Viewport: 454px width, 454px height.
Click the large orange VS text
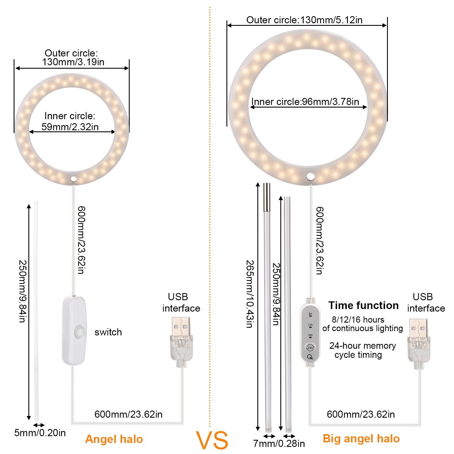tap(212, 440)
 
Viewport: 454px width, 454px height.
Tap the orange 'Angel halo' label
tap(114, 439)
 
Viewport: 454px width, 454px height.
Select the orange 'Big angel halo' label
tap(361, 439)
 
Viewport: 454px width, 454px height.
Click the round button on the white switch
tap(80, 332)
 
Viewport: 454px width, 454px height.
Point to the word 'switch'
tap(108, 332)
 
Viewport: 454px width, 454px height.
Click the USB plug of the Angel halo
tap(181, 342)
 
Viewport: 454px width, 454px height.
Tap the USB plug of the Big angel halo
tap(419, 344)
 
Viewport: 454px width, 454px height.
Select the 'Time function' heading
tap(363, 305)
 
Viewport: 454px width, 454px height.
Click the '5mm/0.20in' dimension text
tap(40, 433)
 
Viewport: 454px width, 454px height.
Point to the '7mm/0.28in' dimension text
tap(279, 444)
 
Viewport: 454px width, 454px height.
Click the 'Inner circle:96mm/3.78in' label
tap(305, 102)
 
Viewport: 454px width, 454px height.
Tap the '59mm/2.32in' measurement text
tap(70, 127)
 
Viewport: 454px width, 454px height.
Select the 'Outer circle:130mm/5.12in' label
tap(304, 20)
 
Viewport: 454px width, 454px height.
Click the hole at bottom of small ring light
tap(74, 179)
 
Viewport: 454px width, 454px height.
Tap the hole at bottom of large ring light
tap(310, 176)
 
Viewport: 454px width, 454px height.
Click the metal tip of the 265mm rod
tap(267, 197)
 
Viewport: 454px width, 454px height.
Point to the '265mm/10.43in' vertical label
tap(250, 294)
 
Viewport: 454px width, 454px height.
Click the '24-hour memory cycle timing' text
tap(362, 350)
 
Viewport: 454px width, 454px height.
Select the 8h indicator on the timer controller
tap(310, 314)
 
